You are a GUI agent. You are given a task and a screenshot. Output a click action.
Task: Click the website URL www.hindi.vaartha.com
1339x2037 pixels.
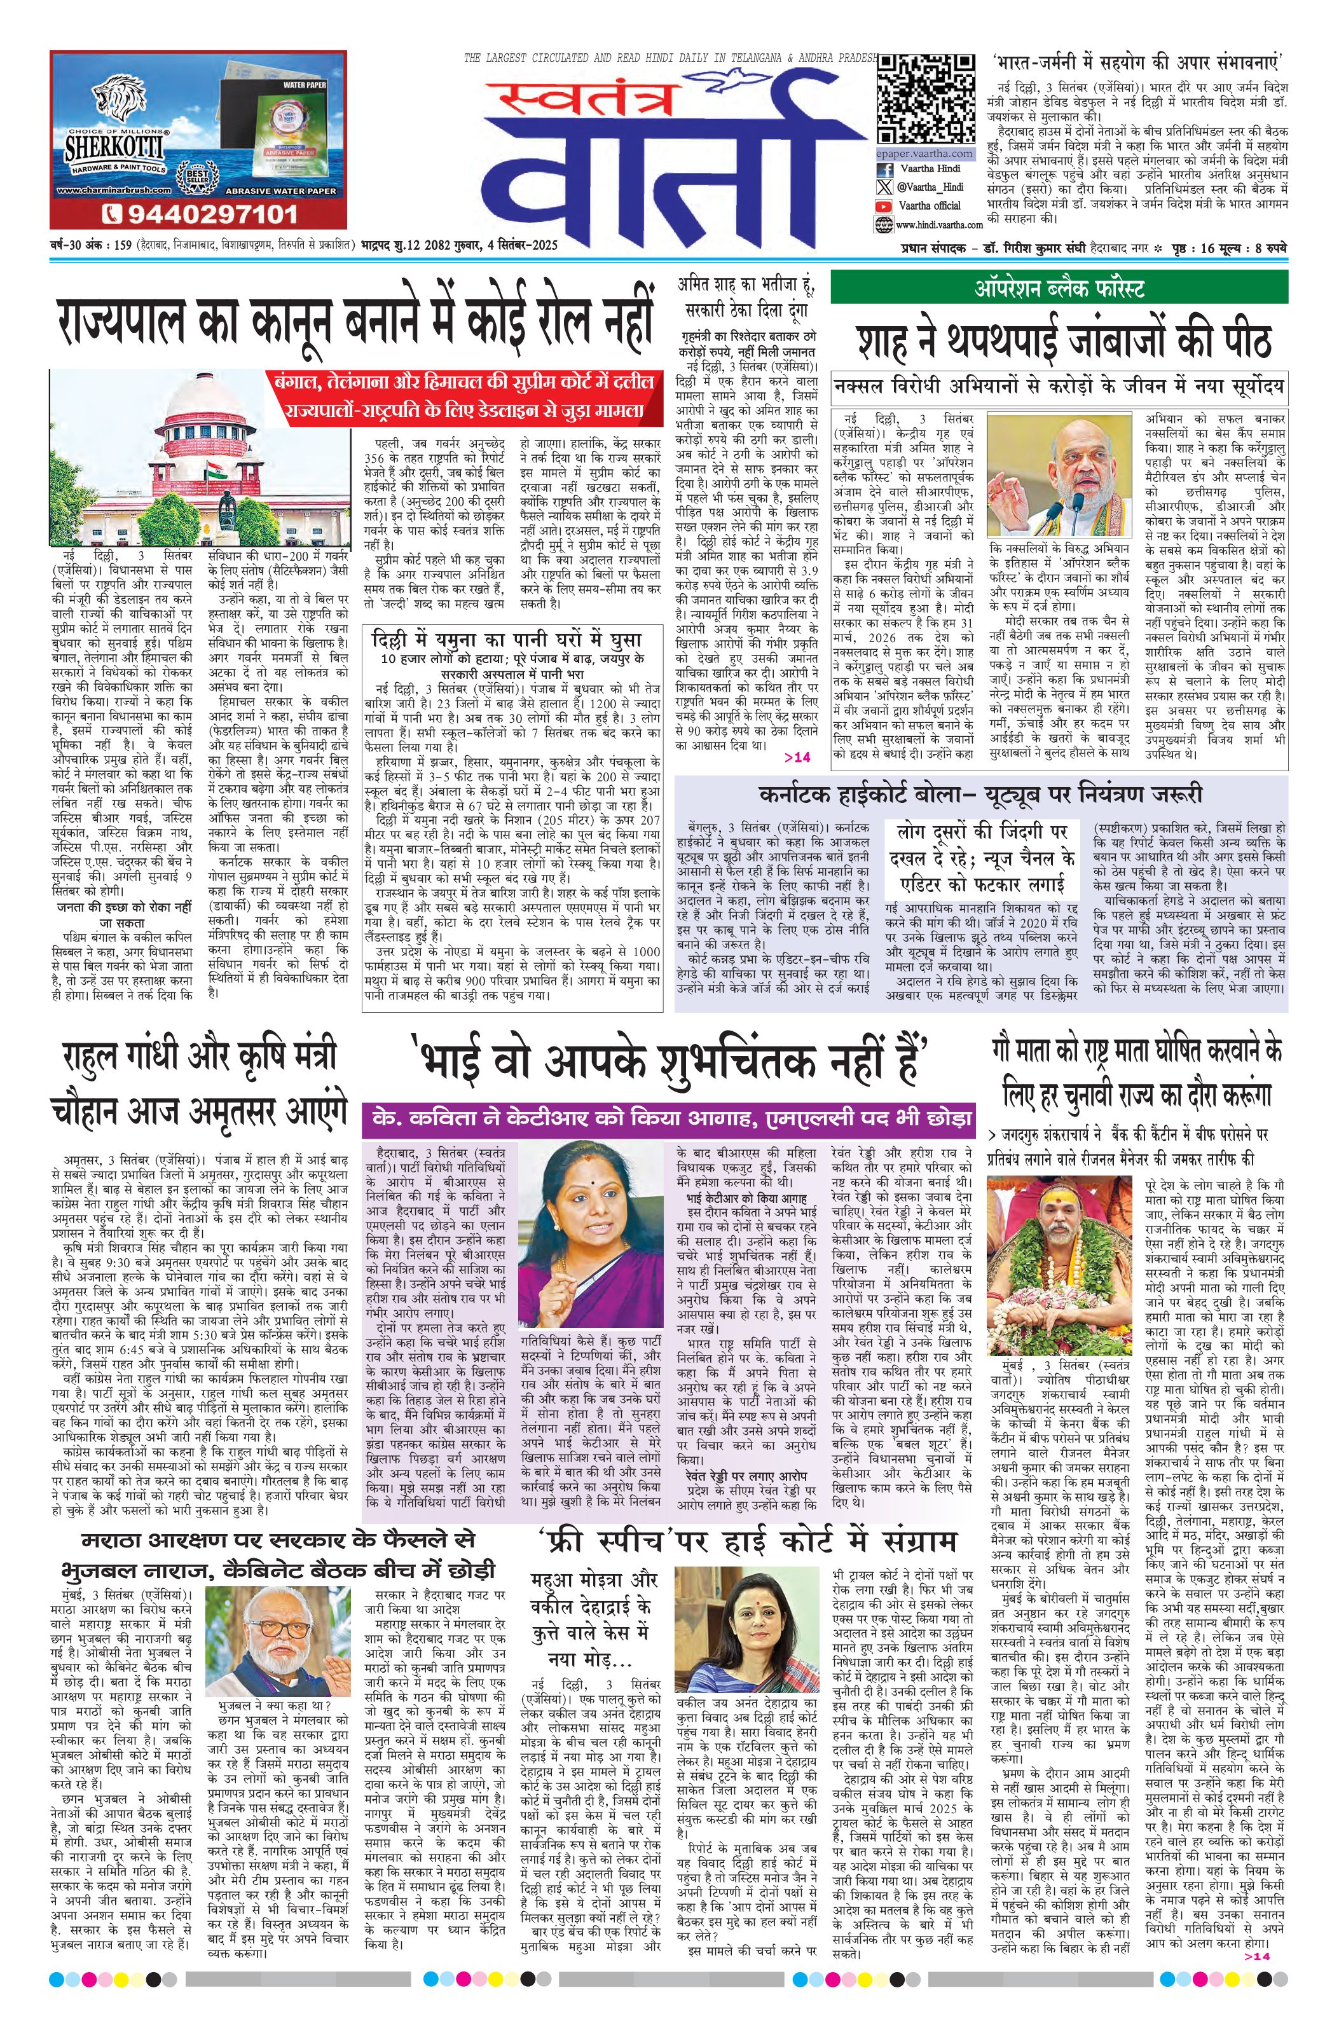tap(937, 224)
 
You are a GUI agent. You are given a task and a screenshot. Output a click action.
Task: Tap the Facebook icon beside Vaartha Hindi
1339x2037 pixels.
tap(884, 168)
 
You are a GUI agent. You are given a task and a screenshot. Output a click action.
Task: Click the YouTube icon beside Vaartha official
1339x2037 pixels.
tap(884, 205)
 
